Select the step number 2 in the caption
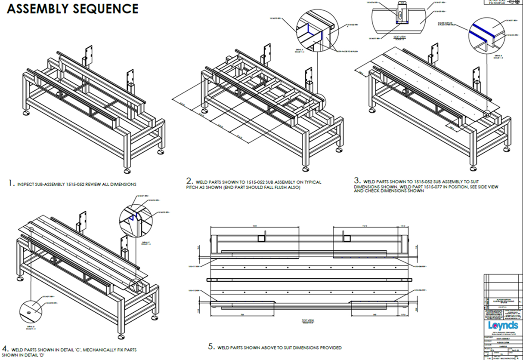[188, 182]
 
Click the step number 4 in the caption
[4, 348]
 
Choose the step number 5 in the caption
[210, 347]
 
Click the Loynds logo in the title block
[503, 325]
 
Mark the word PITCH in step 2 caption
[198, 187]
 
